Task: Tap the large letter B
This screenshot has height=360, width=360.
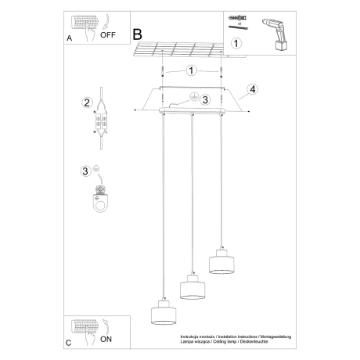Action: click(138, 34)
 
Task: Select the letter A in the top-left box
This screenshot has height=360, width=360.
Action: click(70, 37)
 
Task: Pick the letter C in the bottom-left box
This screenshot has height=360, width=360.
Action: click(69, 343)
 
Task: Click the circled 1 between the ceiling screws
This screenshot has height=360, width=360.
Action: click(191, 70)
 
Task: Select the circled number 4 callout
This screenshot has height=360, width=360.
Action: click(253, 89)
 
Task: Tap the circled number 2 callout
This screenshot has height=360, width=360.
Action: click(87, 103)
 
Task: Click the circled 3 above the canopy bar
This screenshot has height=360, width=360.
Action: click(204, 99)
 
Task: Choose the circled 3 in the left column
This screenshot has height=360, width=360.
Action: click(87, 171)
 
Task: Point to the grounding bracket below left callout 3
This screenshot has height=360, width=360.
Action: click(99, 199)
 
